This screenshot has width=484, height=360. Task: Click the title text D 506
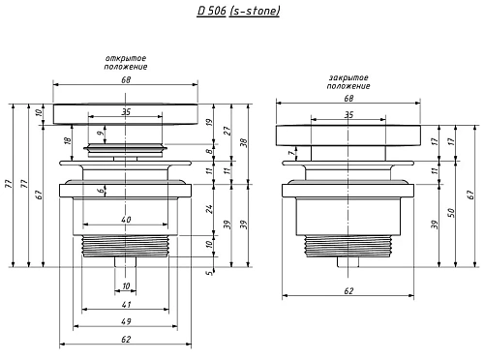[x=211, y=11]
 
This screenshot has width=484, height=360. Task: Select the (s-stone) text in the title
[x=255, y=12]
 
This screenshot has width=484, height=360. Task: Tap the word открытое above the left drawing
[x=126, y=58]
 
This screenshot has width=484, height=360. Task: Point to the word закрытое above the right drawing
[x=348, y=77]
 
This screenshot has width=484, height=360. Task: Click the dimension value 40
[x=126, y=220]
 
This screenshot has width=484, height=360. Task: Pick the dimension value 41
[x=126, y=304]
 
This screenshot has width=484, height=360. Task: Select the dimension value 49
[x=126, y=321]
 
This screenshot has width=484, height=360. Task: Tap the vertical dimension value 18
[x=68, y=140]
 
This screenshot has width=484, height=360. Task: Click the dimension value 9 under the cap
[x=101, y=133]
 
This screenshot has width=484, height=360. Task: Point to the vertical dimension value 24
[x=210, y=209]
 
